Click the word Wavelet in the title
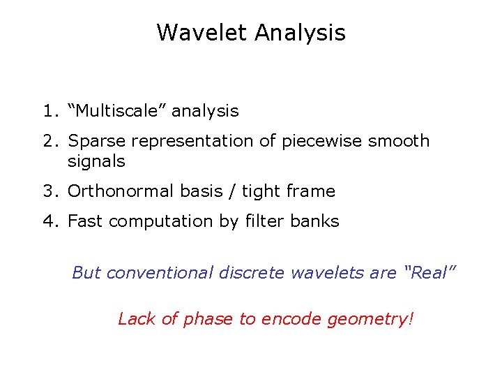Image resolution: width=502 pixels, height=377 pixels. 203,32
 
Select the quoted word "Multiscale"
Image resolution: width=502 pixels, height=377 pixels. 116,111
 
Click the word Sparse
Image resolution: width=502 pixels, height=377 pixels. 97,141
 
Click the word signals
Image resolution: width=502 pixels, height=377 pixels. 96,161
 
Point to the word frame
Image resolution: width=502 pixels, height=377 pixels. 312,191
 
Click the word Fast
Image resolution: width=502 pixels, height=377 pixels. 86,221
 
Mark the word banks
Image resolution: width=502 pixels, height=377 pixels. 316,221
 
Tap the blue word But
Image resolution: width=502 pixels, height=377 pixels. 86,272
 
